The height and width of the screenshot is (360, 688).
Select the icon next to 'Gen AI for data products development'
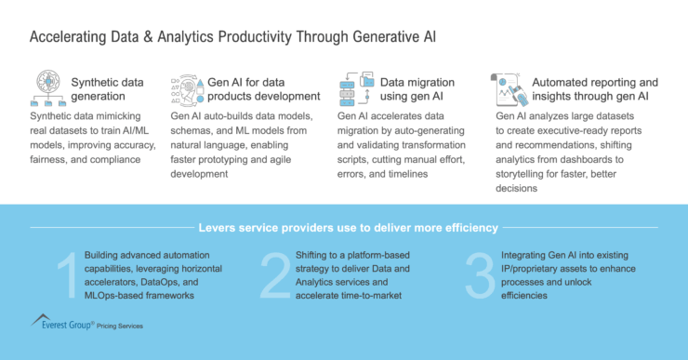click(186, 89)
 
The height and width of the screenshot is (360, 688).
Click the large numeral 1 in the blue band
click(65, 275)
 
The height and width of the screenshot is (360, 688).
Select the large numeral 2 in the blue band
click(274, 275)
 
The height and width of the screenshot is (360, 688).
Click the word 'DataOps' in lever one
click(150, 281)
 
